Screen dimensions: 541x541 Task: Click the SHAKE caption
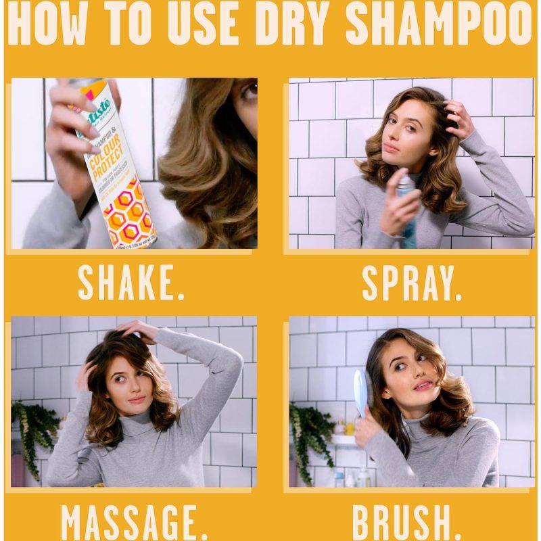(x=131, y=281)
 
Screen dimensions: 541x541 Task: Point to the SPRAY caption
(x=412, y=281)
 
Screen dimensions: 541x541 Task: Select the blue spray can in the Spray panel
(x=408, y=210)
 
